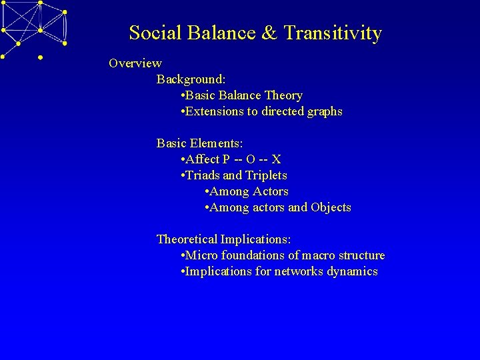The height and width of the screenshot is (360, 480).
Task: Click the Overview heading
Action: pos(135,63)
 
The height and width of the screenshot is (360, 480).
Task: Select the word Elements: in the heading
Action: pos(217,143)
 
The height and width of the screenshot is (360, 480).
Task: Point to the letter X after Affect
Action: pos(276,159)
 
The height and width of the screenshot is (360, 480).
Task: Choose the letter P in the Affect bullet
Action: pos(227,159)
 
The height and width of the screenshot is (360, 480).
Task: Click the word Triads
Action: pos(203,175)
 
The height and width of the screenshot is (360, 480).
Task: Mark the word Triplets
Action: pos(266,175)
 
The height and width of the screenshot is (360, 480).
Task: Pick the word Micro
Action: pos(201,255)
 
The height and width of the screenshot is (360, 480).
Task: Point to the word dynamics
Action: pos(352,271)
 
